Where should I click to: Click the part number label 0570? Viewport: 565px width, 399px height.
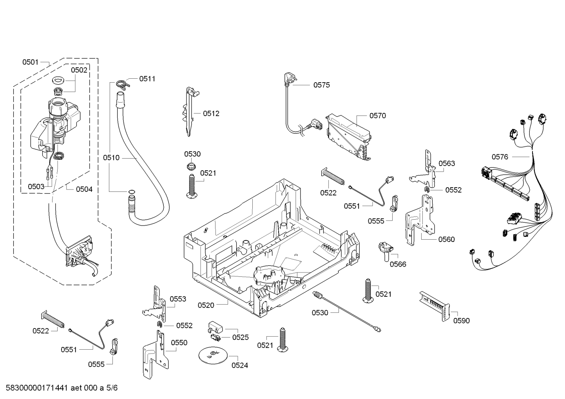point(378,116)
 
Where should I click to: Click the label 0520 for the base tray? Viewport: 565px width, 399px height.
point(206,305)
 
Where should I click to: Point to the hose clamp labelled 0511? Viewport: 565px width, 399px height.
point(123,84)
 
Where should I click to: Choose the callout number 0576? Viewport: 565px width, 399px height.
point(500,157)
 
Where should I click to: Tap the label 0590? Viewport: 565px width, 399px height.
point(461,321)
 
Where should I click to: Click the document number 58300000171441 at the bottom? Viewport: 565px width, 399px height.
point(37,388)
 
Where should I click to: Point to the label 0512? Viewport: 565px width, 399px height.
point(211,114)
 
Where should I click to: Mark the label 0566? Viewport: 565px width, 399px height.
point(398,264)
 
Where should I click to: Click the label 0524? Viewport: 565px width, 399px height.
point(240,365)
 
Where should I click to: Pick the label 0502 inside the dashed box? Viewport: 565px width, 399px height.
point(79,70)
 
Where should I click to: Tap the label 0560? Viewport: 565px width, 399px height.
point(446,239)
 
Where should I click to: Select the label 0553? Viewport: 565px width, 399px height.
point(178,299)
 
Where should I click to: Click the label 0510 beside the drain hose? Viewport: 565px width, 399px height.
point(111,158)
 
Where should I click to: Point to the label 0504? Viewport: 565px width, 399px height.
point(84,189)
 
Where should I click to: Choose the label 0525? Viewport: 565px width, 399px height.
point(240,337)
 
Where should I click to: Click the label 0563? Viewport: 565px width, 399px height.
point(447,163)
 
